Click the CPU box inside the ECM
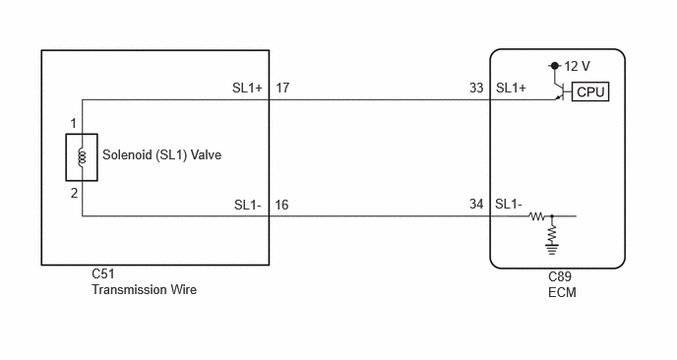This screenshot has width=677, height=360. click(590, 91)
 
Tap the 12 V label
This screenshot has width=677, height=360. click(577, 66)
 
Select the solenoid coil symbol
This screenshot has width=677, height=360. click(82, 157)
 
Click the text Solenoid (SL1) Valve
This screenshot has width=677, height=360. click(162, 154)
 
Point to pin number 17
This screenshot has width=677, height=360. click(282, 89)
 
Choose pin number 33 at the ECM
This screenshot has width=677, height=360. click(476, 89)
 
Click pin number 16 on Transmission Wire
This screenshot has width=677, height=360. click(281, 205)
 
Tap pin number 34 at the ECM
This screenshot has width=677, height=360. click(476, 204)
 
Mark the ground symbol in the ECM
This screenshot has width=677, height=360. click(552, 250)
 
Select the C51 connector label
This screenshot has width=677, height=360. click(103, 273)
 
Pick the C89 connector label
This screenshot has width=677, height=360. click(560, 276)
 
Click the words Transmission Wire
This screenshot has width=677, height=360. click(145, 289)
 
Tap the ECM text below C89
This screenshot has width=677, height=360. click(562, 292)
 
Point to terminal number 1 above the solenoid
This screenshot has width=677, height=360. click(74, 124)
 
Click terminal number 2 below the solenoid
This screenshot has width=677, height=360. click(74, 193)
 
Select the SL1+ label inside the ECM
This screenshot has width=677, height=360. click(511, 89)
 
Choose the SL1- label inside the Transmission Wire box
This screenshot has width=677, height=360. click(248, 205)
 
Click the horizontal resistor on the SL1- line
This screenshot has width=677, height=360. click(537, 215)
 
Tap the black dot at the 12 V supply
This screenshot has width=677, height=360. click(555, 66)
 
